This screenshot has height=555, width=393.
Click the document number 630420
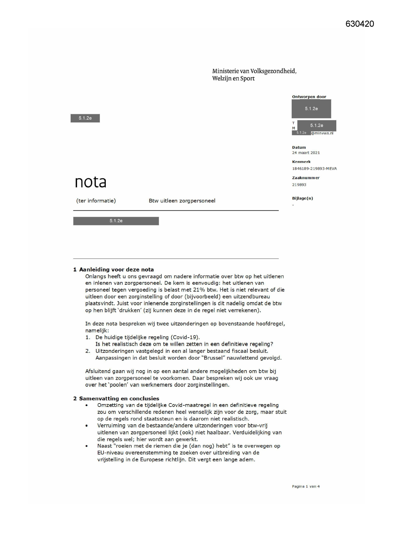click(x=359, y=24)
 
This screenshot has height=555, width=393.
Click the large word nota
click(x=91, y=182)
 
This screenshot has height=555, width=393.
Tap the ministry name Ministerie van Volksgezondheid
click(x=254, y=71)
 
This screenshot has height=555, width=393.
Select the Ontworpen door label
click(x=309, y=97)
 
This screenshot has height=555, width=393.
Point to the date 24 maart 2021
click(x=306, y=153)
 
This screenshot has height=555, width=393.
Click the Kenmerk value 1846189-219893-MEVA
click(x=314, y=169)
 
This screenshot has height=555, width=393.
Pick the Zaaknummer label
click(x=306, y=178)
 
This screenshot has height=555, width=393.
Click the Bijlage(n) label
click(x=302, y=198)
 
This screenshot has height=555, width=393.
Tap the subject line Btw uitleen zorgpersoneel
click(x=182, y=201)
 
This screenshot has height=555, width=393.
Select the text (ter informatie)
click(x=96, y=201)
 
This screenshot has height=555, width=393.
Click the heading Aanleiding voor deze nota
click(x=116, y=270)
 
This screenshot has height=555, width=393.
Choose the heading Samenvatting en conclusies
click(x=119, y=399)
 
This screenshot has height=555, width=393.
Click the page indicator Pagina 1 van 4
click(x=306, y=487)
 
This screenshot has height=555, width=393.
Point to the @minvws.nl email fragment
click(x=322, y=133)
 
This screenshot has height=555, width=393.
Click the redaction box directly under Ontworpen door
click(x=311, y=109)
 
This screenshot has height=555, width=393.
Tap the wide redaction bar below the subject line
click(x=116, y=221)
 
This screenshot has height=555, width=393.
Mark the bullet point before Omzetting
click(x=86, y=406)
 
